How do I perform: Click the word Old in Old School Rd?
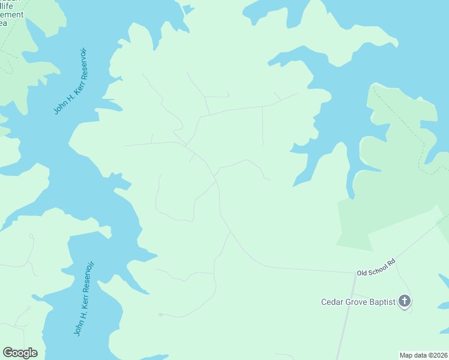362,273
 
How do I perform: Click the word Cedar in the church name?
332,302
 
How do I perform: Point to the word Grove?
357,302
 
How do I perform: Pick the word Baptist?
382,302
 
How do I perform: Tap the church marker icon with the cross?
405,301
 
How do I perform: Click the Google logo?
20,353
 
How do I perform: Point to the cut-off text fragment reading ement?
12,14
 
